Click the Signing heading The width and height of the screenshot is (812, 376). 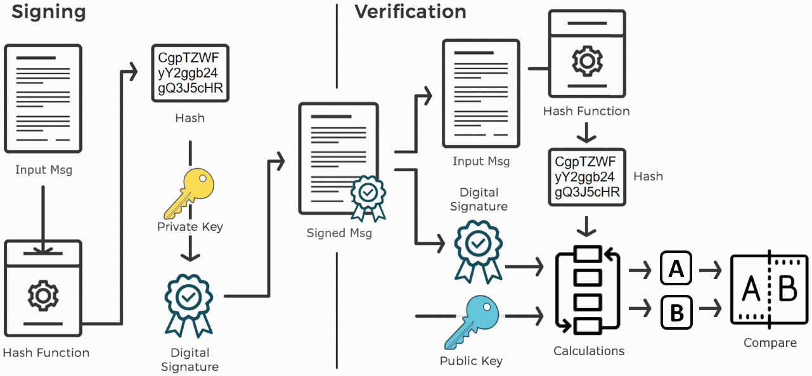(x=49, y=11)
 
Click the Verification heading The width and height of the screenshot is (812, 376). (x=410, y=11)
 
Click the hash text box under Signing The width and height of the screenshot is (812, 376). (x=190, y=72)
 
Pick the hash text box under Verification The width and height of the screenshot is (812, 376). (x=586, y=176)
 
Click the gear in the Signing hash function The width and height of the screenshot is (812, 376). (x=43, y=295)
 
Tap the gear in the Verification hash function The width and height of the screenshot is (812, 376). (x=587, y=61)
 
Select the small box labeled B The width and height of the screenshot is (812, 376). (x=676, y=312)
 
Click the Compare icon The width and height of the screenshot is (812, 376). (x=770, y=291)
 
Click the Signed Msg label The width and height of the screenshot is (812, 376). (x=339, y=233)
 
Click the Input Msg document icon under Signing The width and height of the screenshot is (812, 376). (x=43, y=99)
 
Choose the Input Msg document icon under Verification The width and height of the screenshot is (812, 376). (x=481, y=93)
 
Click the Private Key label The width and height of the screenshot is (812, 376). (x=190, y=226)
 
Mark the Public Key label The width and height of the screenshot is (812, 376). (x=471, y=361)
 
